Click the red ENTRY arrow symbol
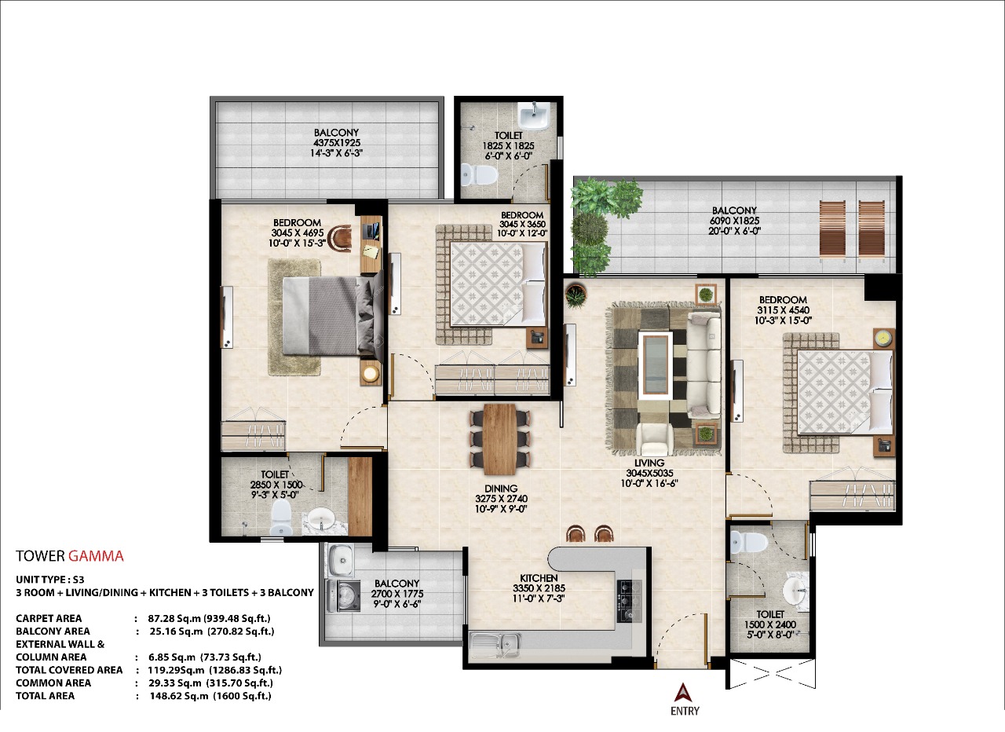tap(682, 693)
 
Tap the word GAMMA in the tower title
tap(96, 557)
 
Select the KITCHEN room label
tap(539, 578)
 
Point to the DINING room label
tap(501, 489)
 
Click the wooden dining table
tap(500, 439)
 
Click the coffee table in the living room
tap(655, 365)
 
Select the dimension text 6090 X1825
tap(734, 221)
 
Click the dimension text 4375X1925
tap(337, 143)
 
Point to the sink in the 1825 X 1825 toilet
tap(533, 115)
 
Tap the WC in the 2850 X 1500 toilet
tap(281, 516)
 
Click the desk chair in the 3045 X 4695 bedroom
tap(339, 237)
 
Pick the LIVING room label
tap(649, 463)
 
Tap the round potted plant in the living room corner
tap(576, 295)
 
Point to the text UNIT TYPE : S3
tap(49, 580)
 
